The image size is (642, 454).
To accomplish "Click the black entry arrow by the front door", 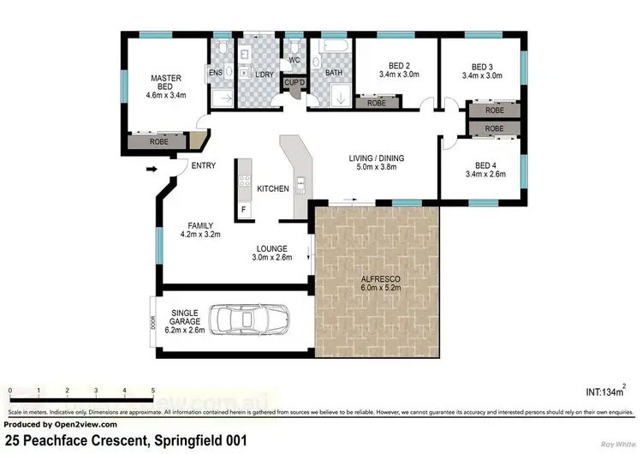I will [x=152, y=170].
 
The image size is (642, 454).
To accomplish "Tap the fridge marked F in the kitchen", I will [x=243, y=209].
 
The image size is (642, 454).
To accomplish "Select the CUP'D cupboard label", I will [x=296, y=81].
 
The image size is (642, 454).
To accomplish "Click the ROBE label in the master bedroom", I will [x=159, y=141].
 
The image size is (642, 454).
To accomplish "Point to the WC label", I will [x=294, y=60].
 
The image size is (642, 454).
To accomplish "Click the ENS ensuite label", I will [x=216, y=73].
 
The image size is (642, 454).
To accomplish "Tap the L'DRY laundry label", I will [x=264, y=74].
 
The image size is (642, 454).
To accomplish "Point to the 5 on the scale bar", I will [x=153, y=391].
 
